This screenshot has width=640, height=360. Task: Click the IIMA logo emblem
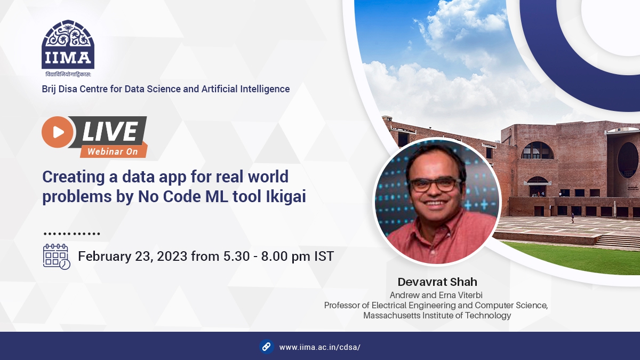[x=68, y=45]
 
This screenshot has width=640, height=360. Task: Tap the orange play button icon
[x=58, y=132]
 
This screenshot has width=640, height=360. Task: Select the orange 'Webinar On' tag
[x=113, y=151]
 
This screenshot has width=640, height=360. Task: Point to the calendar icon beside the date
[x=56, y=257]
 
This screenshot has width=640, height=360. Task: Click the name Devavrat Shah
[x=437, y=282]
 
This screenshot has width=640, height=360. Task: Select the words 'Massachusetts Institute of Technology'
[x=437, y=315]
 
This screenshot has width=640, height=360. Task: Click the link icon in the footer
[x=267, y=347]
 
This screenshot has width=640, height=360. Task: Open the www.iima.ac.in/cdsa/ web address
[x=320, y=347]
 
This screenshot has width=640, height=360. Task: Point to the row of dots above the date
[x=71, y=234]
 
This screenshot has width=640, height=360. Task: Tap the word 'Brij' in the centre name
[x=50, y=89]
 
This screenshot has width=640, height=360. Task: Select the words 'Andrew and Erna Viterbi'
[x=436, y=295]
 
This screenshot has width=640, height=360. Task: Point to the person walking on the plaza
[x=572, y=218]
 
